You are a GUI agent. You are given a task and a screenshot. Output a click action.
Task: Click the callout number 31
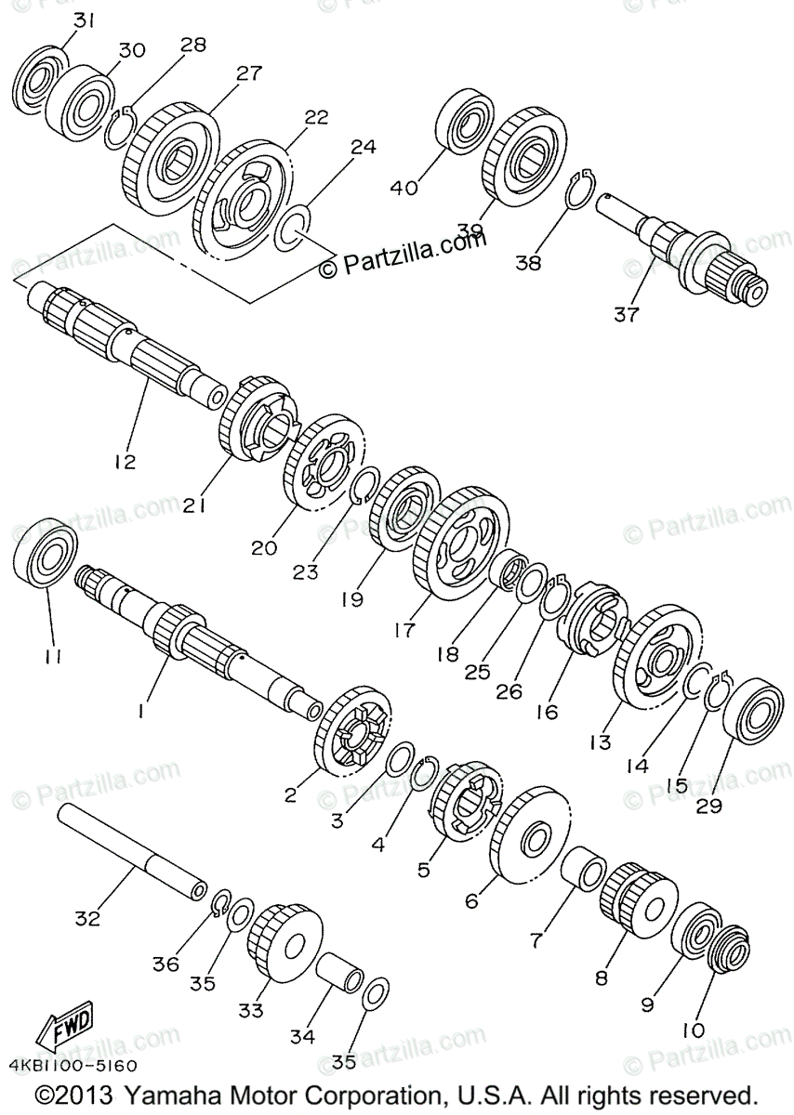tap(59, 20)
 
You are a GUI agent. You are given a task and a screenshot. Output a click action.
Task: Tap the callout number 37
tap(626, 314)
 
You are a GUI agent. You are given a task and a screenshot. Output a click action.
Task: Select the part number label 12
tap(125, 461)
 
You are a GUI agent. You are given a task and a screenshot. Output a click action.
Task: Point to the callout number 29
tap(709, 806)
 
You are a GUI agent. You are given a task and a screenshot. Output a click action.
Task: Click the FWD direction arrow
tap(64, 1030)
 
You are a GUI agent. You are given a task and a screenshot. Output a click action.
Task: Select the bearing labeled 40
tap(470, 121)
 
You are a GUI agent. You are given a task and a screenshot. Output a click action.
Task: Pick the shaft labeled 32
tap(130, 849)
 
